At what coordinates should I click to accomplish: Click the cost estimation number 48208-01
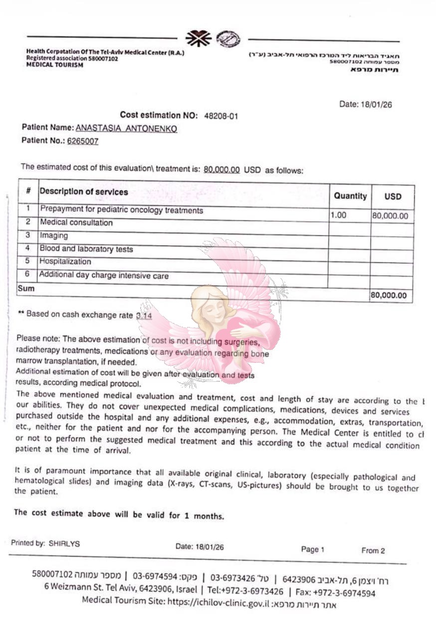221,116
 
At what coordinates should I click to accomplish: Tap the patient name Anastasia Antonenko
126,129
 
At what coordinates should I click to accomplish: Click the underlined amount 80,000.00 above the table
222,169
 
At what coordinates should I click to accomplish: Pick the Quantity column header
350,196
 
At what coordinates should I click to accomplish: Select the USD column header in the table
393,196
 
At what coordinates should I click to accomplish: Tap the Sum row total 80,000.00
389,295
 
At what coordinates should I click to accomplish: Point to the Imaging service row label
53,235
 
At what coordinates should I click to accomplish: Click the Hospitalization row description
65,261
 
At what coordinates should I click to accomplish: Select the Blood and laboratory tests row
86,249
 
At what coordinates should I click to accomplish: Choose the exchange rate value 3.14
144,316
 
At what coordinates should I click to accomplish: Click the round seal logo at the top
231,38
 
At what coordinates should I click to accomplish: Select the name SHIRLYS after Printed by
64,544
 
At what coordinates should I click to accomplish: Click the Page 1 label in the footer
313,549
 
